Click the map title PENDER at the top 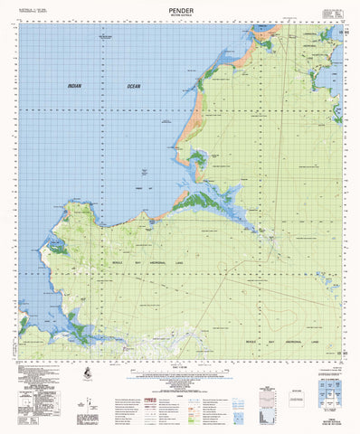point(179,6)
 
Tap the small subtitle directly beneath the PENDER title point(179,13)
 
